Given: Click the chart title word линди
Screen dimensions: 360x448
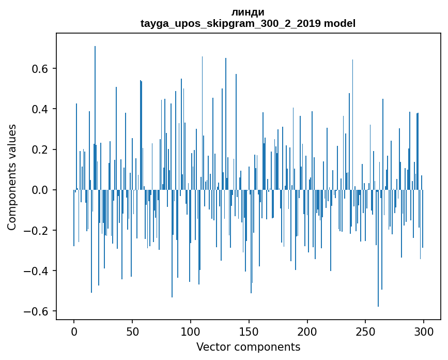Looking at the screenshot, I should click(x=248, y=12).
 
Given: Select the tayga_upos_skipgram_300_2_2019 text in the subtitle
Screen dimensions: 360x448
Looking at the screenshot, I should click(x=230, y=23).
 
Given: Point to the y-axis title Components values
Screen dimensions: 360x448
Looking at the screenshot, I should click(x=12, y=177).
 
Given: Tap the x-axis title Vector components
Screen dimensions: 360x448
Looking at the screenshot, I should click(x=248, y=347).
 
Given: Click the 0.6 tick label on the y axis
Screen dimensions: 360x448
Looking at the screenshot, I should click(x=39, y=69).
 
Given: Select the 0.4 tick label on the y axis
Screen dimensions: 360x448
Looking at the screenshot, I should click(x=39, y=109).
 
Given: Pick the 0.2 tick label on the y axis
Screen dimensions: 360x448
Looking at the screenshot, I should click(x=39, y=149).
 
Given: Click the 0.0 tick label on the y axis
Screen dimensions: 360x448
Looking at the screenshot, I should click(x=39, y=190).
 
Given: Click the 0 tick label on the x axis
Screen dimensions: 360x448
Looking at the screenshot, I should click(x=74, y=331).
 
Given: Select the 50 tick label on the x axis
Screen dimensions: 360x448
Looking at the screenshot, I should click(x=132, y=331).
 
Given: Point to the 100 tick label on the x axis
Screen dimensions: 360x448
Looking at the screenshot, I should click(x=191, y=331).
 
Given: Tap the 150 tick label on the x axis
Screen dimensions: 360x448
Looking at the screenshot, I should click(x=249, y=331).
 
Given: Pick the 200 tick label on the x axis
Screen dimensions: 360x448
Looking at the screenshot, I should click(x=307, y=331).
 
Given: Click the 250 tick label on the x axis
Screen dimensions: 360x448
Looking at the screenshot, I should click(x=365, y=331).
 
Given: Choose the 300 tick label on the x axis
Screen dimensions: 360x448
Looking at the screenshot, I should click(x=424, y=331).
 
